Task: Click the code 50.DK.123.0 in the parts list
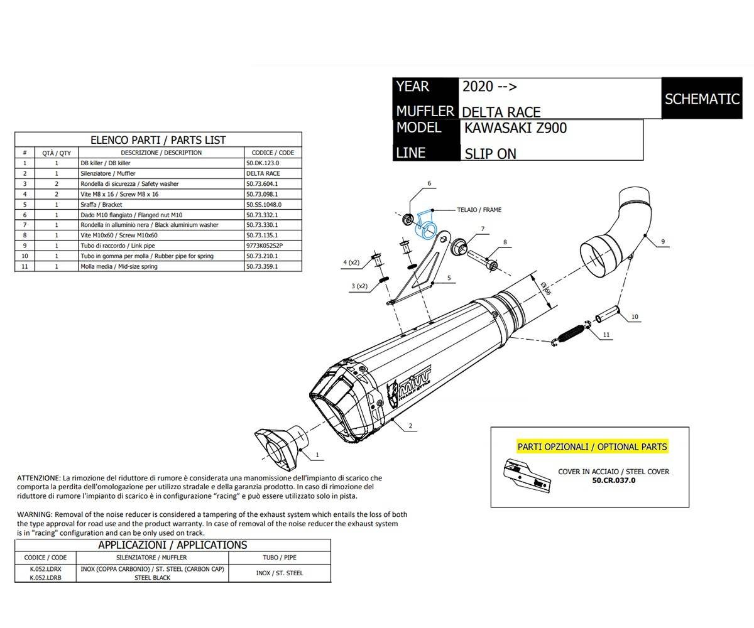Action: (x=263, y=163)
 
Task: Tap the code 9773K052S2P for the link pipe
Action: (x=265, y=246)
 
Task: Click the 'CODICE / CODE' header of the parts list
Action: (x=273, y=153)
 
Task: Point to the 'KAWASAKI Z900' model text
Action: (x=515, y=128)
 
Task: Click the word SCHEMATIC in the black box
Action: (x=701, y=99)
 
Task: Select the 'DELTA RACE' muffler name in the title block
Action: (x=501, y=112)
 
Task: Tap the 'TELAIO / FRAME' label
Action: (x=479, y=210)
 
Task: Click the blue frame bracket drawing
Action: (x=425, y=224)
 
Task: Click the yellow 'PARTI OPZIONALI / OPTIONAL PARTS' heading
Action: (x=591, y=447)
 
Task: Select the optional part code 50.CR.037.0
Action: (x=613, y=480)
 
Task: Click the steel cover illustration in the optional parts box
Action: (x=527, y=475)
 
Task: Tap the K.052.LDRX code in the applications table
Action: (x=45, y=568)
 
